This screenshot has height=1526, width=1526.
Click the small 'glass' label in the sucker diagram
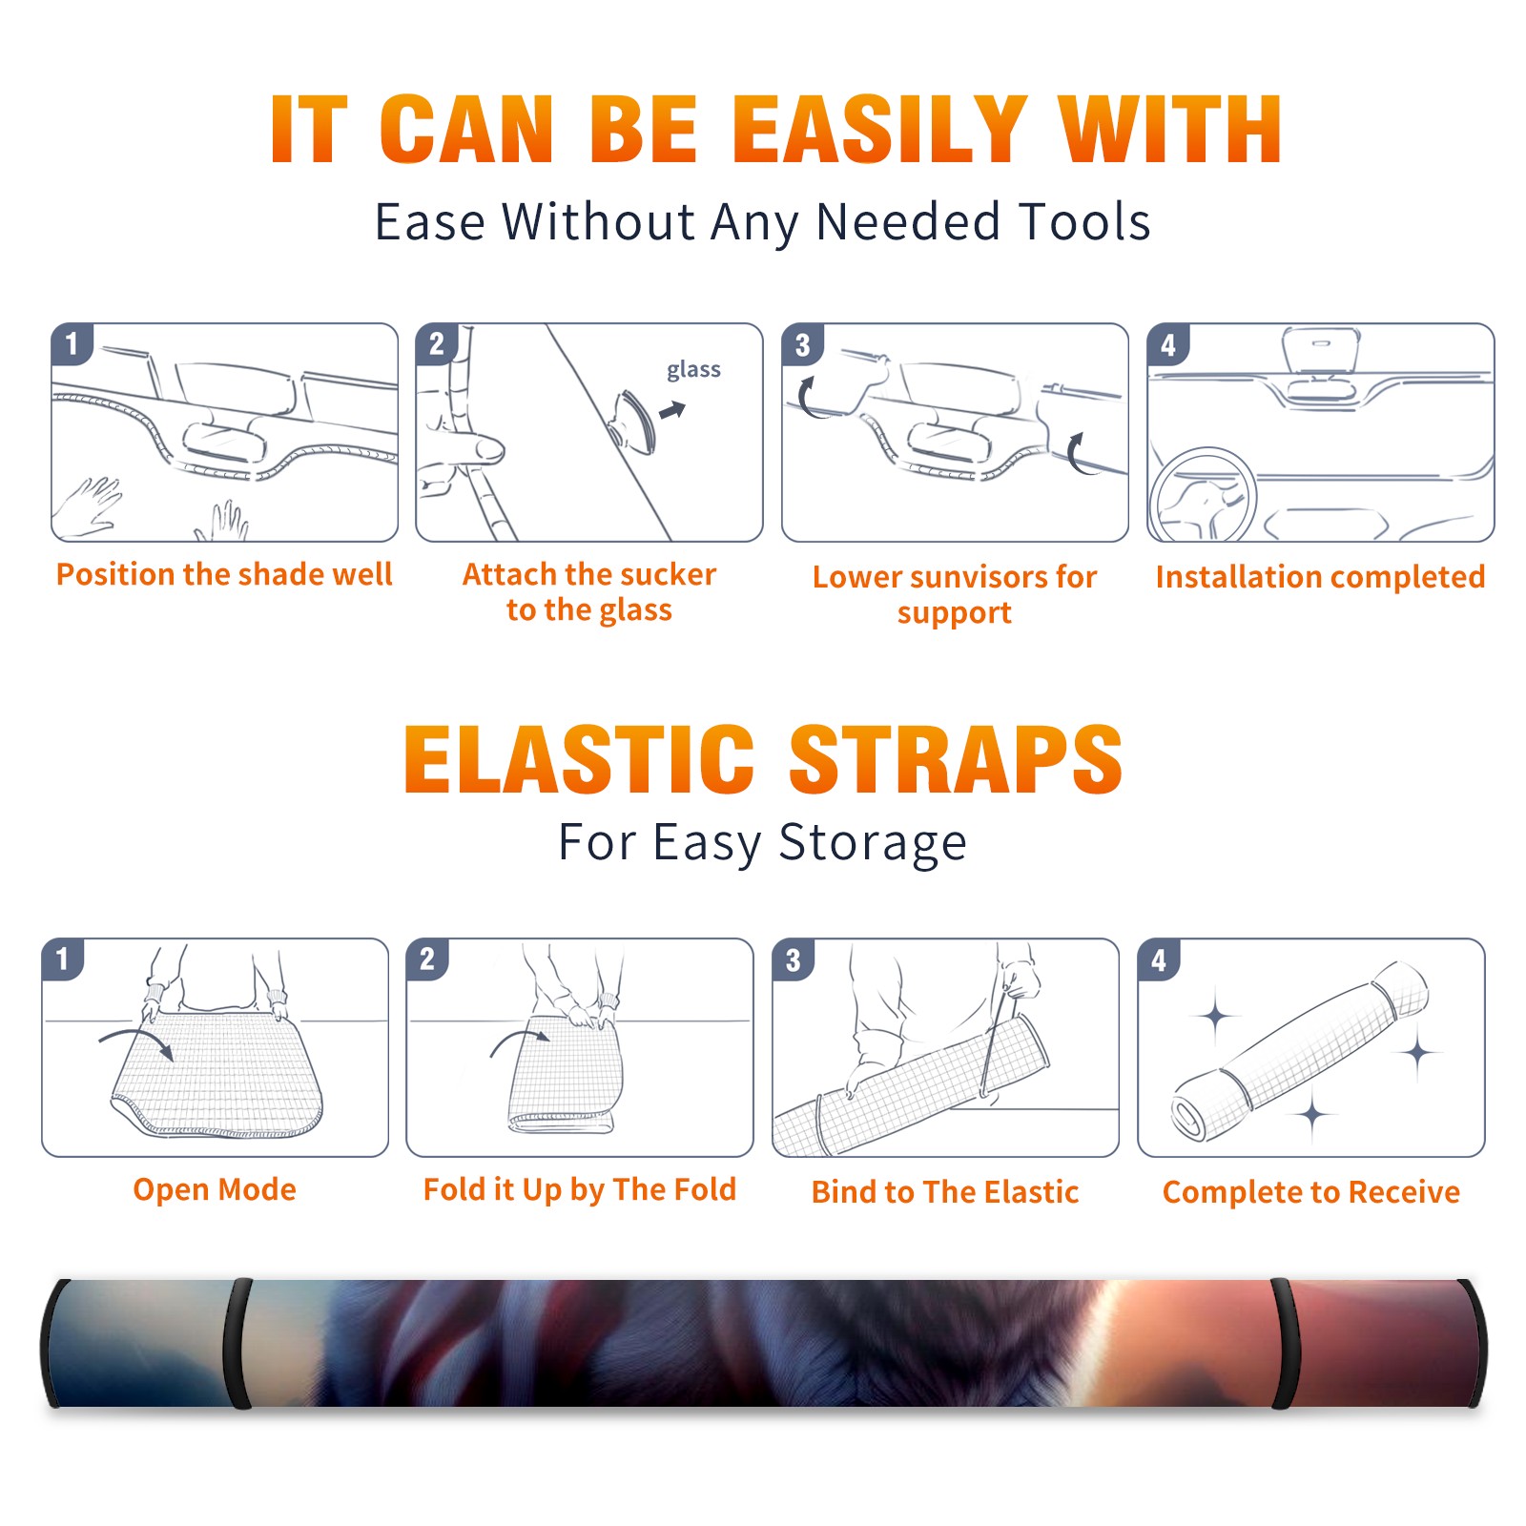pyautogui.click(x=693, y=369)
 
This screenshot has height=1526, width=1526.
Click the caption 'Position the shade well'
pyautogui.click(x=224, y=574)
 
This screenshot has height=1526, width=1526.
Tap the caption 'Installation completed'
pyautogui.click(x=1320, y=576)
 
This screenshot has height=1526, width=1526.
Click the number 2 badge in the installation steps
pyautogui.click(x=437, y=343)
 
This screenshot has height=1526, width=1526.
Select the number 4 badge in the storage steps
pyautogui.click(x=1159, y=959)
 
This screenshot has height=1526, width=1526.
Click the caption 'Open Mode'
pyautogui.click(x=215, y=1189)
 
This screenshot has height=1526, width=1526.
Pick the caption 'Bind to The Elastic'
pyautogui.click(x=945, y=1192)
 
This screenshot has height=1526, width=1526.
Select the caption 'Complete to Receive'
pyautogui.click(x=1311, y=1192)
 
